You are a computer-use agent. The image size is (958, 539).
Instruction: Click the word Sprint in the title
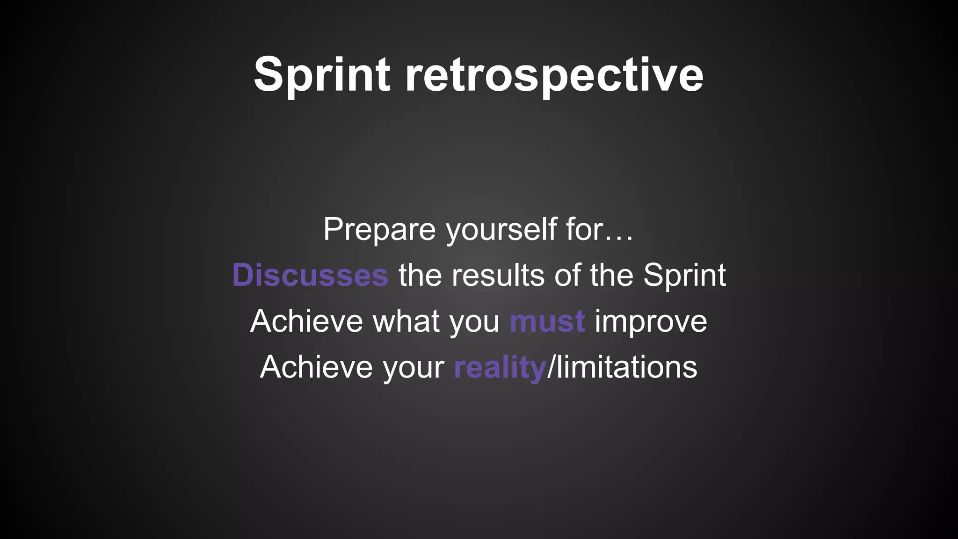[322, 75]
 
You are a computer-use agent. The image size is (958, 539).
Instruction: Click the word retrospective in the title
[554, 75]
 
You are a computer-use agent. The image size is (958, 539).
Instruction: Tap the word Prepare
[379, 229]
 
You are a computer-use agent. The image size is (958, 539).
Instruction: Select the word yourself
[501, 229]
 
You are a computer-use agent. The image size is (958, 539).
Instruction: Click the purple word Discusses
[310, 275]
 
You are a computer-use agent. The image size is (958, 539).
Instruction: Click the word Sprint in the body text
[684, 275]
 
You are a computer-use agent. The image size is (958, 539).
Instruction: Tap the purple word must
[547, 321]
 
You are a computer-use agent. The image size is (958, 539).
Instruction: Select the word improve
[651, 321]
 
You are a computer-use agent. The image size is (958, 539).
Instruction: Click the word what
[406, 321]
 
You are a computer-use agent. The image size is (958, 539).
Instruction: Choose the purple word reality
[499, 367]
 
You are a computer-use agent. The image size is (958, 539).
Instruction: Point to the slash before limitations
[551, 367]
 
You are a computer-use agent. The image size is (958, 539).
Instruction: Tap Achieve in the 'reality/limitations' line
[316, 367]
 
